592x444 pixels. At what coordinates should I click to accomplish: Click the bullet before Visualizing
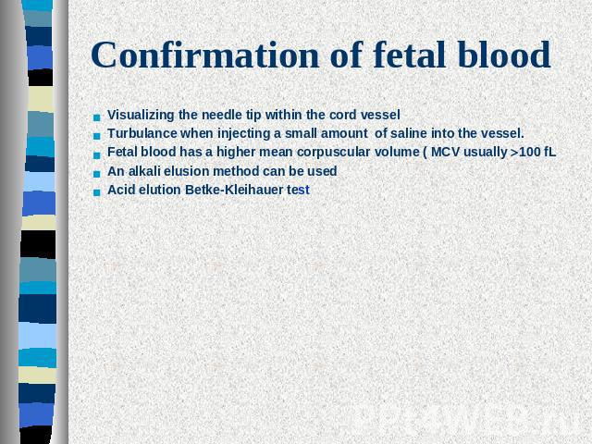pyautogui.click(x=97, y=117)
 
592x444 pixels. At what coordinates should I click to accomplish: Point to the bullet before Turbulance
pyautogui.click(x=97, y=136)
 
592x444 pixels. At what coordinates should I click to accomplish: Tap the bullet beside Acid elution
pyautogui.click(x=97, y=192)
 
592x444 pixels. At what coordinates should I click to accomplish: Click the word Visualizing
pyautogui.click(x=141, y=115)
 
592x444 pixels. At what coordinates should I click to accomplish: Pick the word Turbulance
pyautogui.click(x=142, y=133)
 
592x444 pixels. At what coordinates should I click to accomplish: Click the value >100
pyautogui.click(x=525, y=152)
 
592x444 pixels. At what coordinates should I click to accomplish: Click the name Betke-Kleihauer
pyautogui.click(x=234, y=190)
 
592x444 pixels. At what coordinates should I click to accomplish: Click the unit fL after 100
pyautogui.click(x=550, y=152)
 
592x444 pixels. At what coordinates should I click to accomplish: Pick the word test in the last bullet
pyautogui.click(x=298, y=190)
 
